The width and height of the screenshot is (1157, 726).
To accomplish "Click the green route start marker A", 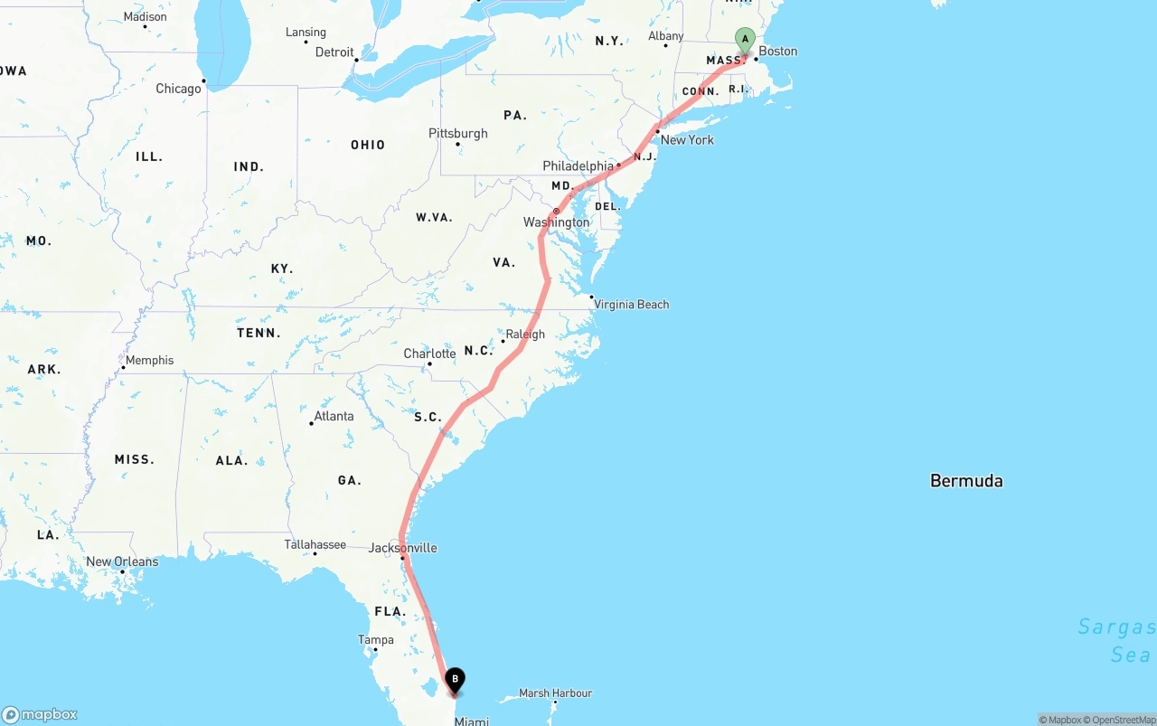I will point(745,39).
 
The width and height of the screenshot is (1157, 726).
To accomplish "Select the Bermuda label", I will point(966,481).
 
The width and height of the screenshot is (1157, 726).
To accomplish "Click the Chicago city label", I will point(178,89).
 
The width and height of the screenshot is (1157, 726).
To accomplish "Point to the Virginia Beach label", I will point(632,305).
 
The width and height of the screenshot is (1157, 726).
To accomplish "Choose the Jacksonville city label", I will point(403,548).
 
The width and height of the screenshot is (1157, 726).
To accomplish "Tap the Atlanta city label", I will point(334,417).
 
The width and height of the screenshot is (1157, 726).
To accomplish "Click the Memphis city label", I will point(149,360).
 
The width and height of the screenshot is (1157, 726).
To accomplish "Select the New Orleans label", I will point(122,561).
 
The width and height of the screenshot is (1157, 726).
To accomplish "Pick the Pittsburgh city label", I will point(458,134).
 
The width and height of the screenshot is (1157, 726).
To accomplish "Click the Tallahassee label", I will point(315,544).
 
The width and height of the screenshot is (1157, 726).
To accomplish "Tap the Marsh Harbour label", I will point(556,693).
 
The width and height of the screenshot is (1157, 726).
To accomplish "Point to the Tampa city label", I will point(376,640).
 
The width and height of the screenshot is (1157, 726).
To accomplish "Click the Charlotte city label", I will point(429,354).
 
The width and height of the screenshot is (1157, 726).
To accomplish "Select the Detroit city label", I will point(334,52).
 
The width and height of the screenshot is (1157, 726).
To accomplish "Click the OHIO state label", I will point(368,145).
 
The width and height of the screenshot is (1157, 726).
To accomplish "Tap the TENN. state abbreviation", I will point(259,333).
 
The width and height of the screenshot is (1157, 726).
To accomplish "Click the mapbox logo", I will point(40,714).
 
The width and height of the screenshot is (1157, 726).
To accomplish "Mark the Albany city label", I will point(666,36).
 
